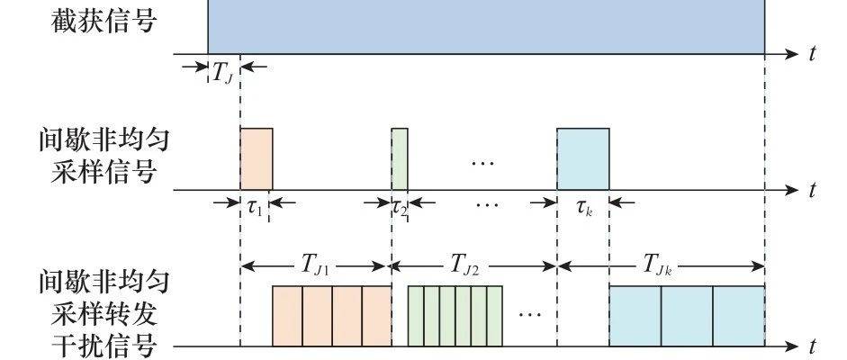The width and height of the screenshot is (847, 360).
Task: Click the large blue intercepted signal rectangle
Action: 486,26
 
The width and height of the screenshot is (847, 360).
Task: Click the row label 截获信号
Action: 104,22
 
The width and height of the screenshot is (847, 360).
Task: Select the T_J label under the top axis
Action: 222,75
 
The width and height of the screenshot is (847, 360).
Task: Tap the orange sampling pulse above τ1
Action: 257,159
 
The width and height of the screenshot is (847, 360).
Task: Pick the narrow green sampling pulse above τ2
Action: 400,159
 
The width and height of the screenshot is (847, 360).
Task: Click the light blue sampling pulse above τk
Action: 583,159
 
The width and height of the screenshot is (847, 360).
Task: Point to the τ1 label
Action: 255,207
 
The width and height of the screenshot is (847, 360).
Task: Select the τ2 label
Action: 400,208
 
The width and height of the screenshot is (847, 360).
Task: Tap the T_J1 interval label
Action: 312,266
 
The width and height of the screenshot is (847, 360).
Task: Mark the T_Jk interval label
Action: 657,266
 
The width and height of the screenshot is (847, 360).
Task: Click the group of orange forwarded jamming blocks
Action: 331,316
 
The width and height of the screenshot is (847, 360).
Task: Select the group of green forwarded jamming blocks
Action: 455,316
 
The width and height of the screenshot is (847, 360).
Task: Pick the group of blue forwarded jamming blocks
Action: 687,316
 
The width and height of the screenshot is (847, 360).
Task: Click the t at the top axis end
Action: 813,53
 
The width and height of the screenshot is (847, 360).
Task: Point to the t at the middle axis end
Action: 813,190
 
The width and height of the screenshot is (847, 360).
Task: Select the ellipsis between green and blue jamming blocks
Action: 529,313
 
